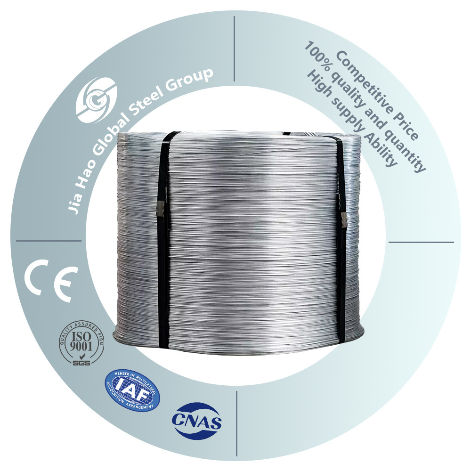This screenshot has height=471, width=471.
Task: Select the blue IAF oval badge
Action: pyautogui.click(x=132, y=389)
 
